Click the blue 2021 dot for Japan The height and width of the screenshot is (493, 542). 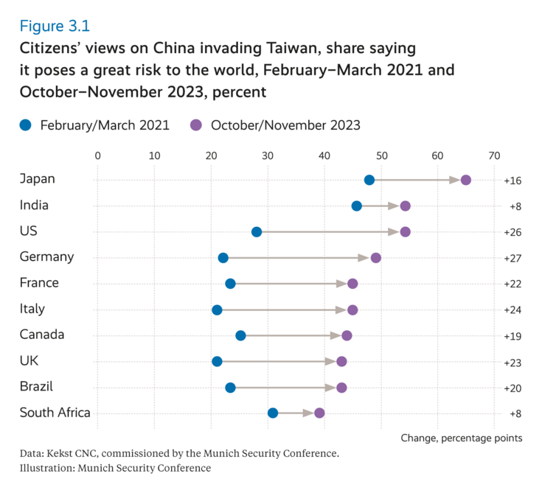point(369,180)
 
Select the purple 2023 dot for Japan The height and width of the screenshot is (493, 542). point(465,180)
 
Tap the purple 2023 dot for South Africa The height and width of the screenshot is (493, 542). point(319,413)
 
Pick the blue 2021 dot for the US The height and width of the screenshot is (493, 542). point(257,232)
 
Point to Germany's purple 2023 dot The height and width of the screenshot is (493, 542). point(376,257)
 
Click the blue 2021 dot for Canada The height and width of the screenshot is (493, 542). point(240,335)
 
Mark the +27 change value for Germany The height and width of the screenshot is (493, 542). point(513,258)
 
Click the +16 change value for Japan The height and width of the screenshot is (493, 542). point(513,181)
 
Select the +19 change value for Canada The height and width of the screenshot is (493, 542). point(513,335)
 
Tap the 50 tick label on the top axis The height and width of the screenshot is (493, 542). point(381,155)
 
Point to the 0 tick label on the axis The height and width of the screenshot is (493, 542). point(97,155)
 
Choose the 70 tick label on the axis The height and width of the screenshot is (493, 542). point(494,155)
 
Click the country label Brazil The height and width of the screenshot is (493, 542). point(36,386)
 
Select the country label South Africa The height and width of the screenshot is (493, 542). point(55,412)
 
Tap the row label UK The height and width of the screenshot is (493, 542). point(29,360)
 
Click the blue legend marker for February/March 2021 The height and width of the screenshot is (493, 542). point(27,125)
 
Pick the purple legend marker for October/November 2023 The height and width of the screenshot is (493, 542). point(197,125)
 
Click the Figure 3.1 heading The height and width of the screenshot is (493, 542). point(55,27)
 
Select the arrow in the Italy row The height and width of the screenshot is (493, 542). point(284,310)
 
